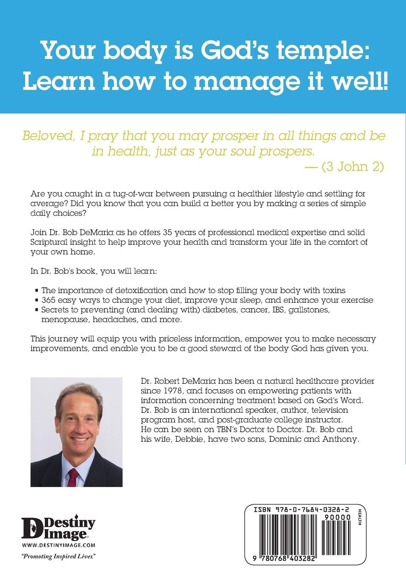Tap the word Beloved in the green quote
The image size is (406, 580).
(46, 136)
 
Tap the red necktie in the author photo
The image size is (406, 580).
(73, 477)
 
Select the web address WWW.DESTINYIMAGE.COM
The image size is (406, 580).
(58, 545)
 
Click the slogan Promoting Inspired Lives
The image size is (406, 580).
(58, 556)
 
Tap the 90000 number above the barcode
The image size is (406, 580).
(337, 517)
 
